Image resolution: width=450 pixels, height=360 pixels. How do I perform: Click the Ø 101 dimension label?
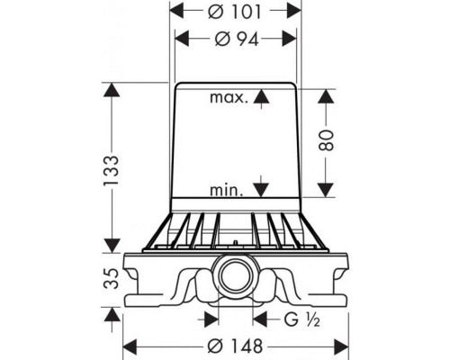(x=235, y=13)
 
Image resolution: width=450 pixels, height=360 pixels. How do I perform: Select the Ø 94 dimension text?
(x=237, y=40)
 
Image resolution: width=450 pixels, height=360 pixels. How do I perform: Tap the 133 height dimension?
(x=112, y=170)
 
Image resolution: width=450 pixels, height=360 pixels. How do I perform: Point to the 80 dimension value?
(x=326, y=139)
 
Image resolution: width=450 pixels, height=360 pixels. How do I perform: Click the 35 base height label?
(x=112, y=278)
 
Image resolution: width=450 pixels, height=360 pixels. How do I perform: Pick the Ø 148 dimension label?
(x=235, y=346)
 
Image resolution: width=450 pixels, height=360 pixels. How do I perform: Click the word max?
(x=229, y=98)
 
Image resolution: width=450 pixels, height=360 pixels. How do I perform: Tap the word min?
(x=227, y=190)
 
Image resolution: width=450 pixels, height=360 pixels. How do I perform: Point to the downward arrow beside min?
(x=261, y=186)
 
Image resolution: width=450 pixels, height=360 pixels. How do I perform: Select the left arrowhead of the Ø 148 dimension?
(x=130, y=346)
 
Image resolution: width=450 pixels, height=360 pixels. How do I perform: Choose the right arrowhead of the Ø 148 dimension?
(x=341, y=346)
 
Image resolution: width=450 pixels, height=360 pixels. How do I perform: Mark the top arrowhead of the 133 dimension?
(x=112, y=90)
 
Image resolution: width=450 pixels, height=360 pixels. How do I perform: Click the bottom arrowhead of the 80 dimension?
(x=326, y=190)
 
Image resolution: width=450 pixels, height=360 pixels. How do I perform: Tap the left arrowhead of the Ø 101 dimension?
(x=177, y=11)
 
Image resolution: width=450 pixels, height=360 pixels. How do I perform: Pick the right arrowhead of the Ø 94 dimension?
(x=289, y=39)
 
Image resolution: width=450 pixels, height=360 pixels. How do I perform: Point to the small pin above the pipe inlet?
(x=236, y=242)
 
